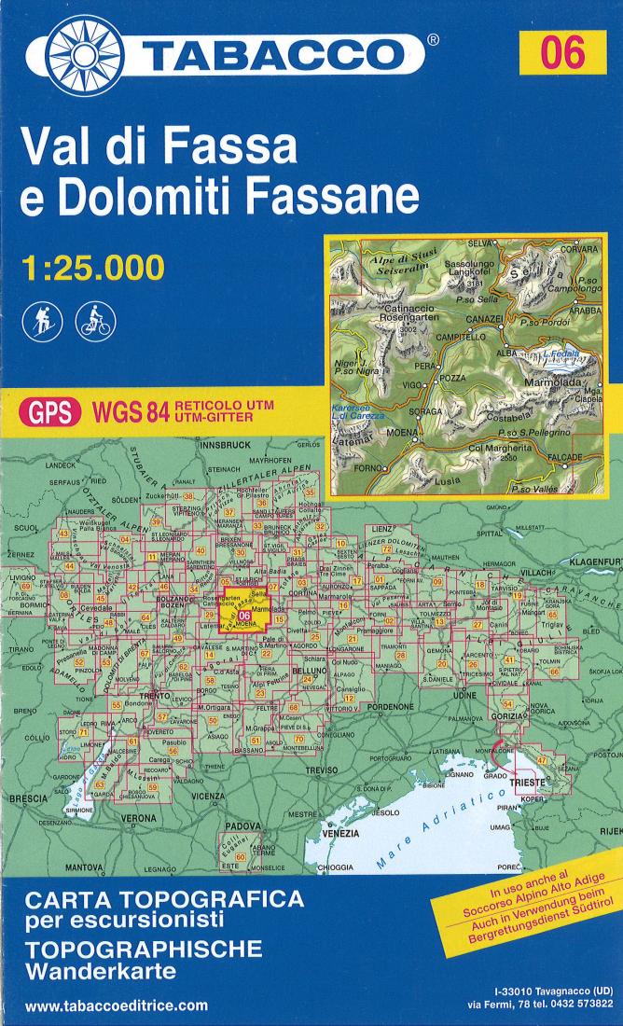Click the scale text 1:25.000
pos(92,267)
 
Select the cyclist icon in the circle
pos(96,318)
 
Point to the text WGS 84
pos(130,413)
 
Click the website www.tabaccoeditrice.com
pos(117,1005)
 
